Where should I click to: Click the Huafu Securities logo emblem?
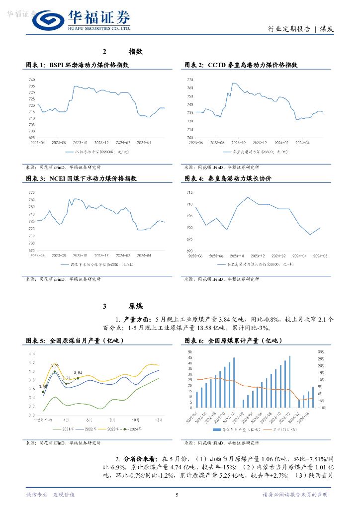pyautogui.click(x=48, y=20)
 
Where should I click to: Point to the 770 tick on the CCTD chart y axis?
pyautogui.click(x=190, y=80)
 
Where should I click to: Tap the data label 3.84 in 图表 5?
pyautogui.click(x=78, y=373)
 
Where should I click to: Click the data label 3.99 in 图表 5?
pyautogui.click(x=55, y=366)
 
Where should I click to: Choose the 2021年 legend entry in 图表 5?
pyautogui.click(x=67, y=428)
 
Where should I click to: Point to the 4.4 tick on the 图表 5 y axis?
pyautogui.click(x=31, y=353)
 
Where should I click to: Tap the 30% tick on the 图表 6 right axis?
pyautogui.click(x=322, y=351)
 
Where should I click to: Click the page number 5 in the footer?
pyautogui.click(x=177, y=495)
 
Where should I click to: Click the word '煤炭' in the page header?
pyautogui.click(x=326, y=29)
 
